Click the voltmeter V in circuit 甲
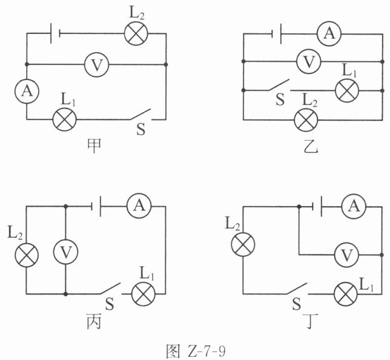tap(96, 65)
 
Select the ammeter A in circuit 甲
tap(27, 91)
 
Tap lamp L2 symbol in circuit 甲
tap(136, 33)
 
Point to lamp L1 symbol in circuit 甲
tap(65, 119)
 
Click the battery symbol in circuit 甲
tap(55, 33)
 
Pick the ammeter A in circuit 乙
tap(329, 33)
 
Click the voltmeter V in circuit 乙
tap(309, 61)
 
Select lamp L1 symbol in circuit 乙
tap(347, 90)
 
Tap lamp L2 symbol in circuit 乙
tap(306, 120)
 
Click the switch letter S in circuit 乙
tap(280, 99)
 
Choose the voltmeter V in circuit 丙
tap(65, 252)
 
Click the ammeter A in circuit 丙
tap(139, 206)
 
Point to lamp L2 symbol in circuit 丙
tap(27, 255)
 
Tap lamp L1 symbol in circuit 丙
tap(144, 294)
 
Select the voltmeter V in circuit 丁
tap(347, 255)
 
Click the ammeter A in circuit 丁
tap(354, 207)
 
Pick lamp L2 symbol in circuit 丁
tap(243, 244)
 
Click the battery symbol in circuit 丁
tap(317, 207)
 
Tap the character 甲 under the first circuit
tap(94, 146)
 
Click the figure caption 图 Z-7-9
tap(196, 352)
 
